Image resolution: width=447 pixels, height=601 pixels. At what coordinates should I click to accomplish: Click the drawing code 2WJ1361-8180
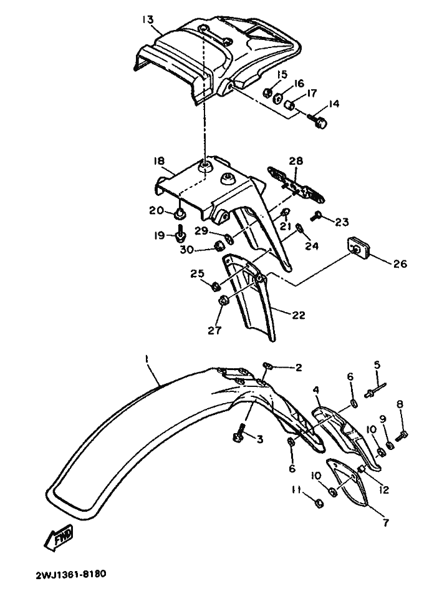click(71, 574)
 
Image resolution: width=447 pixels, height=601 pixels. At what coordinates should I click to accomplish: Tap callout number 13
click(148, 20)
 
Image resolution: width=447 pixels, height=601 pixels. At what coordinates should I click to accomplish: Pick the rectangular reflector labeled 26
click(357, 247)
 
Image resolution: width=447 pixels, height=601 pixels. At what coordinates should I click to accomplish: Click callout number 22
click(299, 315)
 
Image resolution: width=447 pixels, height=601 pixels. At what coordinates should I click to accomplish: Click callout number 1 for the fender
click(147, 359)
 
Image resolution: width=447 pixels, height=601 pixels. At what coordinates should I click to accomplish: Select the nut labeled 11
click(319, 503)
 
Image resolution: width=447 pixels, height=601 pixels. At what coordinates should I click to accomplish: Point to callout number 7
click(386, 522)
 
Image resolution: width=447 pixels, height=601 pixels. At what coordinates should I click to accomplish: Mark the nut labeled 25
click(216, 286)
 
